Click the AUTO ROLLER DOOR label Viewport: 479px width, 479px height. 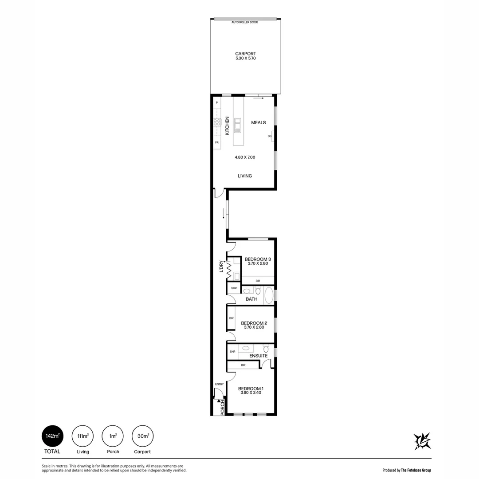tap(244, 22)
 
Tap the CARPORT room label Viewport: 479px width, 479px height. tap(245, 54)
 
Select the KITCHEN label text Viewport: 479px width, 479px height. tap(227, 126)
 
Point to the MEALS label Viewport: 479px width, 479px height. tap(259, 122)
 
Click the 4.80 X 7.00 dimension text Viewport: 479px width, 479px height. tap(245, 157)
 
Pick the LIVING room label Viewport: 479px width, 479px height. tap(245, 176)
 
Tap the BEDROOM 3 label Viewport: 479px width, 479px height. tap(258, 259)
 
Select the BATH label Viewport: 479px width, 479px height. tap(251, 299)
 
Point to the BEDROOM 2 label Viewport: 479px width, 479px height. tap(254, 323)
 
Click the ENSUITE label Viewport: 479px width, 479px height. tap(258, 356)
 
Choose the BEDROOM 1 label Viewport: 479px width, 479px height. tap(251, 389)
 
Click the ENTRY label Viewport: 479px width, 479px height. tap(219, 385)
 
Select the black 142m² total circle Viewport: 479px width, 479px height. tap(52, 436)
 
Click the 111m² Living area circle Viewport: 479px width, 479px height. tap(82, 436)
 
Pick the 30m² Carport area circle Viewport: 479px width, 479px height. tap(143, 436)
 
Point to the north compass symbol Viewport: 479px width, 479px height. tap(422, 441)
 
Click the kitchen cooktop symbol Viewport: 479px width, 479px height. tap(217, 122)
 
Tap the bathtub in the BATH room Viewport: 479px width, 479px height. tap(269, 295)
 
